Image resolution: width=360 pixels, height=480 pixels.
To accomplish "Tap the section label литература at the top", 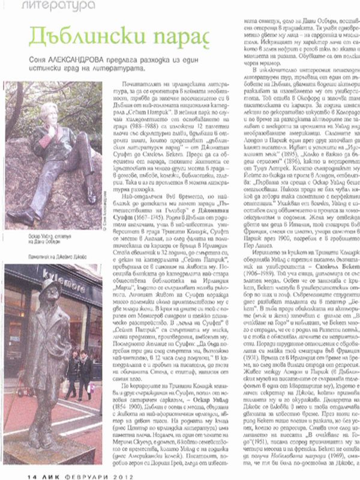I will (x=61, y=7).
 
